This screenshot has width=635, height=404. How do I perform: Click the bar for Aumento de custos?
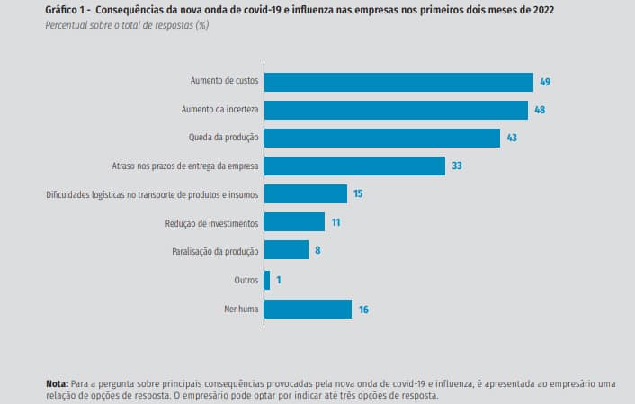(398, 82)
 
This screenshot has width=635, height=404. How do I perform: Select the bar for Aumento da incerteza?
(396, 110)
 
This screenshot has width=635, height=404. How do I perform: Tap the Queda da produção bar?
(382, 138)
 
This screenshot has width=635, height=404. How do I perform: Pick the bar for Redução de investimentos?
(294, 222)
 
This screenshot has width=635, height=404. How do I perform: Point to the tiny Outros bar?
(267, 280)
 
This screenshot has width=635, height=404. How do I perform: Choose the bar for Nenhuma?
(308, 309)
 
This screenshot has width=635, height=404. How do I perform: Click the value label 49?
(545, 82)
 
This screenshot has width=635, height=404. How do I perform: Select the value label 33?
(457, 166)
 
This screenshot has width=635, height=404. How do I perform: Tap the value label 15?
(358, 194)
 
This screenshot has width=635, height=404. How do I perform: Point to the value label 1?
(278, 280)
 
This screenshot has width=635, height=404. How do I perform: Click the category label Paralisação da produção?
(215, 251)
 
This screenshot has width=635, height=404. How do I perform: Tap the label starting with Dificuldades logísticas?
(152, 194)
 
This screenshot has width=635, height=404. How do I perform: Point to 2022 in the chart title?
(541, 10)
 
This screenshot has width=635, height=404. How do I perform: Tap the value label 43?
(512, 138)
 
